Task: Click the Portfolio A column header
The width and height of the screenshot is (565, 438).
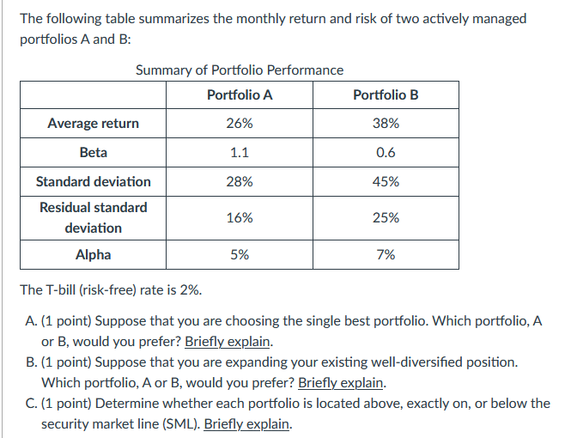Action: pos(240,94)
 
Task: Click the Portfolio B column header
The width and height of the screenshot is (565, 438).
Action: pos(386,94)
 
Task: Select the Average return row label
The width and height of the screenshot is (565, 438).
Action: pos(94,123)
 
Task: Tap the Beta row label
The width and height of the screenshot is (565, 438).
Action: pos(94,152)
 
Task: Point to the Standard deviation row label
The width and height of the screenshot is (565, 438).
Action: pos(94,181)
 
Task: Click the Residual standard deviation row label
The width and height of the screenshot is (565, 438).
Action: pos(94,217)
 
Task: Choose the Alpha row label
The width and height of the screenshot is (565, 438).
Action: pos(94,254)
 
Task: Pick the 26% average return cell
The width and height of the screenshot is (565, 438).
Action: pos(240,123)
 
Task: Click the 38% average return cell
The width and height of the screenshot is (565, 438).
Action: pos(386,123)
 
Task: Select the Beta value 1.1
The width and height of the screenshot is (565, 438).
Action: pos(240,152)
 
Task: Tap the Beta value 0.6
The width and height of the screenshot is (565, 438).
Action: pos(386,152)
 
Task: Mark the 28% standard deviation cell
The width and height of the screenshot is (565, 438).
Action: pos(240,181)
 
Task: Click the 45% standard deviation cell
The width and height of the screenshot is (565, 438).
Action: pos(386,181)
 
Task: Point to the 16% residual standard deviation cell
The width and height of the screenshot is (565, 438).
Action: pos(240,217)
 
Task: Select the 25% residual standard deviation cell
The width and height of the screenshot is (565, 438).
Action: pos(386,217)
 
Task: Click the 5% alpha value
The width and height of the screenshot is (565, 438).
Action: pos(240,254)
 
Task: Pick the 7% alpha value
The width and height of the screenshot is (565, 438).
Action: pos(386,254)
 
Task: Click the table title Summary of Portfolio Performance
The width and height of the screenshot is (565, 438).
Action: pos(240,70)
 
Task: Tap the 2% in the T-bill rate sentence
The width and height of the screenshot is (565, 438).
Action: pos(190,289)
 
